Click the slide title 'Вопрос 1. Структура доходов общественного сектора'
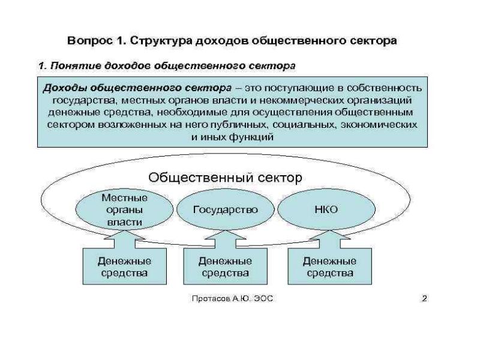point(232,41)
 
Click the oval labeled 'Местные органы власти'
point(124,209)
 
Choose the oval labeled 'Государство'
point(225,210)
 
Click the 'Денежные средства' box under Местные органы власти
point(124,267)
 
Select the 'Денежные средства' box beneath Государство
point(225,267)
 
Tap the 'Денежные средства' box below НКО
point(329,267)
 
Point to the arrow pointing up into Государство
point(225,239)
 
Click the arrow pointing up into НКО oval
point(329,239)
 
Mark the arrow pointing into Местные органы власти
point(124,239)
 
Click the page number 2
point(424,298)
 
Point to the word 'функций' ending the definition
point(251,137)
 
